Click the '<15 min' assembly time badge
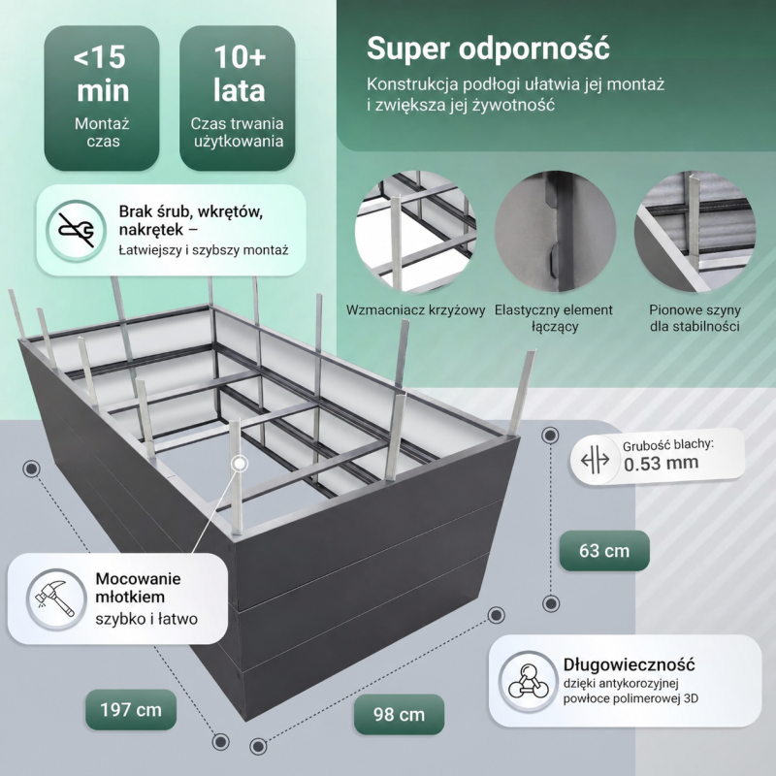(x=102, y=98)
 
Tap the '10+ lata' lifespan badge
(x=238, y=98)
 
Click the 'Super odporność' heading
(x=488, y=48)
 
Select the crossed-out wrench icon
(x=77, y=230)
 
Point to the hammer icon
(x=56, y=598)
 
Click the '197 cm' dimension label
(x=131, y=710)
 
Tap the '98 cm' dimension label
(x=399, y=714)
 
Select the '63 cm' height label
(x=604, y=550)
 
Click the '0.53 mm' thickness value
(x=662, y=464)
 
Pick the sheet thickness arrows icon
(x=595, y=460)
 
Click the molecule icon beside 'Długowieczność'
(x=529, y=682)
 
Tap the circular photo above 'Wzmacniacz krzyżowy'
(x=415, y=232)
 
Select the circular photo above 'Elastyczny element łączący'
(x=555, y=232)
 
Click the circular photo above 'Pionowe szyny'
(x=695, y=232)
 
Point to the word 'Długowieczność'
(x=629, y=664)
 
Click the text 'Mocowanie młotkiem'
(x=138, y=588)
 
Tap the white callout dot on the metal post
(x=240, y=464)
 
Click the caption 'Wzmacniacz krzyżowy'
(x=415, y=310)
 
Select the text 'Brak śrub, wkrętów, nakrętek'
(x=191, y=220)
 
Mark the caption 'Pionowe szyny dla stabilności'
(x=695, y=318)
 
